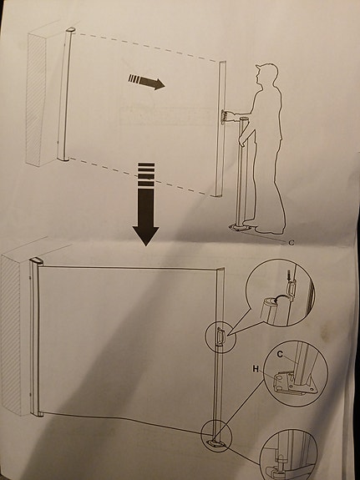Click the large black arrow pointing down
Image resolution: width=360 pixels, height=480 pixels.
[x=145, y=208]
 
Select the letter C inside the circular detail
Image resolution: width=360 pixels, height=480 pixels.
[x=280, y=353]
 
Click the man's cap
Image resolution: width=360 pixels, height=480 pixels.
[x=265, y=70]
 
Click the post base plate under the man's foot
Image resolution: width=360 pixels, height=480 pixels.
[x=241, y=227]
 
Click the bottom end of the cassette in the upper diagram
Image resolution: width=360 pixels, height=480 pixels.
[x=63, y=159]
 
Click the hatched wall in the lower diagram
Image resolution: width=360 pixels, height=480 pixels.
[x=11, y=334]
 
